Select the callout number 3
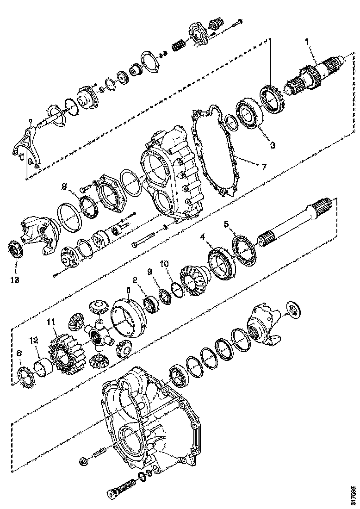273,145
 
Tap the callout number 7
263,167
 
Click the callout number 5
226,224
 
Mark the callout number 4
202,236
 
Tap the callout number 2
134,280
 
